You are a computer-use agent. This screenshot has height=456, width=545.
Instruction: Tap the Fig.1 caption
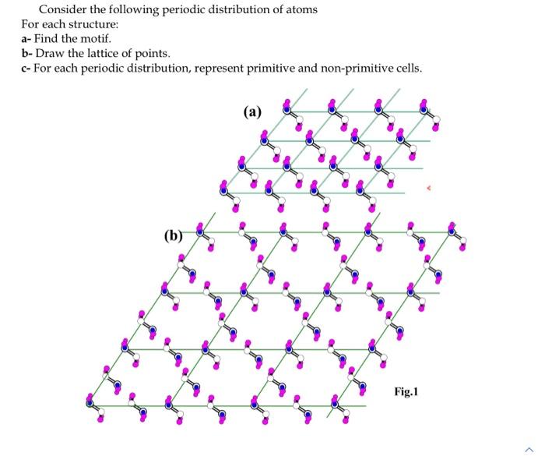click(x=406, y=392)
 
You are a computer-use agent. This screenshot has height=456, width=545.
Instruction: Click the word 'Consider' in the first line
click(x=63, y=10)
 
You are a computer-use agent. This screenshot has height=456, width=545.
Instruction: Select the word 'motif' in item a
click(x=97, y=38)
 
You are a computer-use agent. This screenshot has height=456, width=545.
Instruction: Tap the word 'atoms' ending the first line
click(x=301, y=10)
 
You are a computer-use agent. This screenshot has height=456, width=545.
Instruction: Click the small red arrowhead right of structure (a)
click(x=427, y=188)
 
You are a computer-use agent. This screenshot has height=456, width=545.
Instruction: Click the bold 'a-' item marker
click(x=26, y=38)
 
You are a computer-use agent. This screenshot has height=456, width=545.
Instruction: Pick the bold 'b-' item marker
click(x=27, y=53)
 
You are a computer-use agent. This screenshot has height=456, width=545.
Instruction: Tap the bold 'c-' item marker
click(x=26, y=68)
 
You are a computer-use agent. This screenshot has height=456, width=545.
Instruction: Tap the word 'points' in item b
click(x=151, y=53)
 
